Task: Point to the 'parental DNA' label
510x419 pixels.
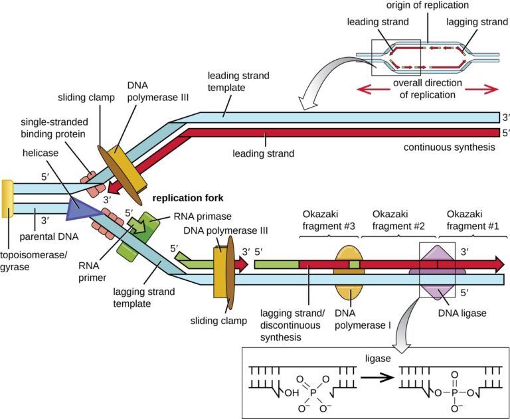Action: click(48, 236)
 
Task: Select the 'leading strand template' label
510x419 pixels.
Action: click(238, 82)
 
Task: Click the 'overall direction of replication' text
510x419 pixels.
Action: click(427, 89)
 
